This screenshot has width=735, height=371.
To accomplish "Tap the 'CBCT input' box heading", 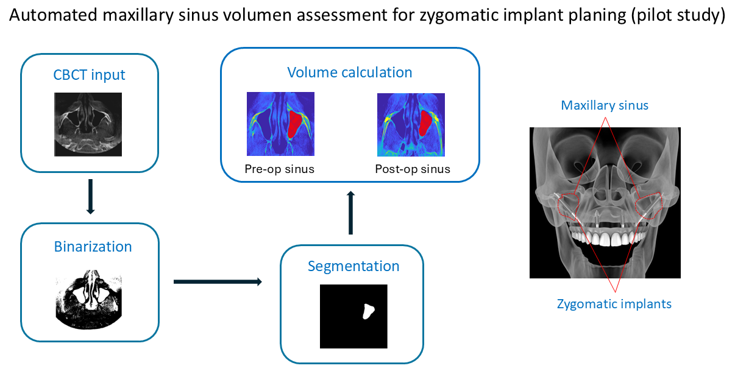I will [90, 75].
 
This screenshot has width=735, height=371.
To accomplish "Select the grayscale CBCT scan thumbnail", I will [88, 124].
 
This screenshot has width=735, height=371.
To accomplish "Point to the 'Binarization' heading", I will [93, 247].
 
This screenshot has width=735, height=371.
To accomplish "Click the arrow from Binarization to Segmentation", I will [218, 281].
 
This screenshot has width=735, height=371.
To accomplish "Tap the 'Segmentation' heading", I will [353, 266].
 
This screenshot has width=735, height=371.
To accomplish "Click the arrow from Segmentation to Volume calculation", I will [350, 213].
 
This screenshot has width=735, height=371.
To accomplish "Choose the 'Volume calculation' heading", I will [350, 72].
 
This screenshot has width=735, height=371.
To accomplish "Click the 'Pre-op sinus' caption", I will [280, 169].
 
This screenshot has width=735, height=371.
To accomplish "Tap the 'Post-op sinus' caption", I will [413, 169].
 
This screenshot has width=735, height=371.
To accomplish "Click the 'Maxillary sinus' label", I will [605, 105].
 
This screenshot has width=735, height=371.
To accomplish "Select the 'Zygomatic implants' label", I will [614, 303].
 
